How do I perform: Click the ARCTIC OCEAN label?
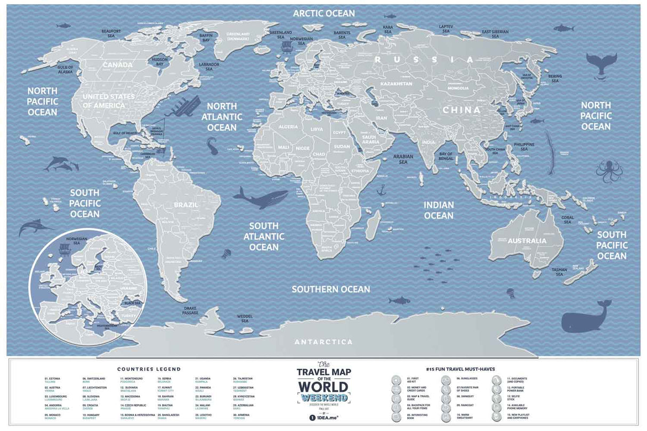[323, 13]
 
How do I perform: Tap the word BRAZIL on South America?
[186, 205]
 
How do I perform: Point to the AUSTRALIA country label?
[527, 241]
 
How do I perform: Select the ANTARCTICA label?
[324, 341]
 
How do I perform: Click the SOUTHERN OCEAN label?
[330, 289]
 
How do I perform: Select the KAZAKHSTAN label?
[396, 84]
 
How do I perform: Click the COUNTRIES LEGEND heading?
[149, 369]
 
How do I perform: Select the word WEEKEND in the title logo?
[323, 398]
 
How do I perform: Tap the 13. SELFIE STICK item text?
[514, 398]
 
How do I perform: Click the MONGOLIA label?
[458, 88]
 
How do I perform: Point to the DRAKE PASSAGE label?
[191, 310]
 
